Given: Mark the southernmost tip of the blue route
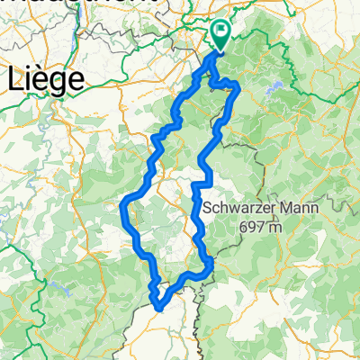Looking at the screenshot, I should (x=160, y=307).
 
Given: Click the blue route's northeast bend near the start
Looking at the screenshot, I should (x=236, y=85).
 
